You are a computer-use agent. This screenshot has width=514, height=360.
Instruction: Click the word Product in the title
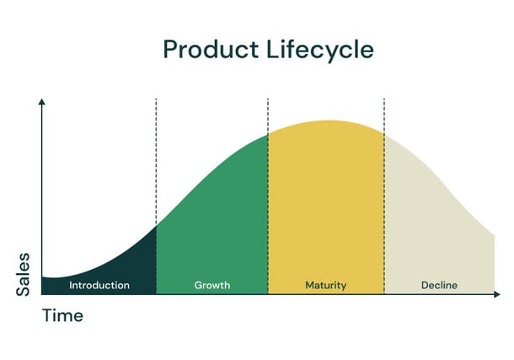(211, 50)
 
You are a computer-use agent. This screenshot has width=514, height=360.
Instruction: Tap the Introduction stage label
(99, 285)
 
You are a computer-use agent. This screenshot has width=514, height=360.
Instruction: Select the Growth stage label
(212, 285)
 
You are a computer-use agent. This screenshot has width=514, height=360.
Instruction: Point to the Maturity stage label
(326, 286)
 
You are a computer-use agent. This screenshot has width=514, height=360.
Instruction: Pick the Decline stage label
(439, 285)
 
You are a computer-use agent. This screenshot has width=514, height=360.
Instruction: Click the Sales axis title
(23, 275)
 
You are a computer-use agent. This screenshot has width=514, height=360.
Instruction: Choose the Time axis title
(62, 315)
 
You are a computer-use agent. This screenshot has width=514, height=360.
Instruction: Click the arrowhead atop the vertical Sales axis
(41, 101)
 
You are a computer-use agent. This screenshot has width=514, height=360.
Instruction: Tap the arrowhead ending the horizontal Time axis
(497, 294)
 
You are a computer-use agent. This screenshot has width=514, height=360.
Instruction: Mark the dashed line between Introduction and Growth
(156, 196)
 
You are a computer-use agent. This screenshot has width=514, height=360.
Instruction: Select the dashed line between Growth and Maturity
(268, 196)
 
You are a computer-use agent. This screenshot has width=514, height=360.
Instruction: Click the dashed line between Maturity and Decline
(384, 196)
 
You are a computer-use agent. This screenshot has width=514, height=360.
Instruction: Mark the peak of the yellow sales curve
(328, 121)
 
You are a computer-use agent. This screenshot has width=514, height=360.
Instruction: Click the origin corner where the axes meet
(41, 294)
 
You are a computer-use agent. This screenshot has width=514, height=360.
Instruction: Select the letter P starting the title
(170, 50)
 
